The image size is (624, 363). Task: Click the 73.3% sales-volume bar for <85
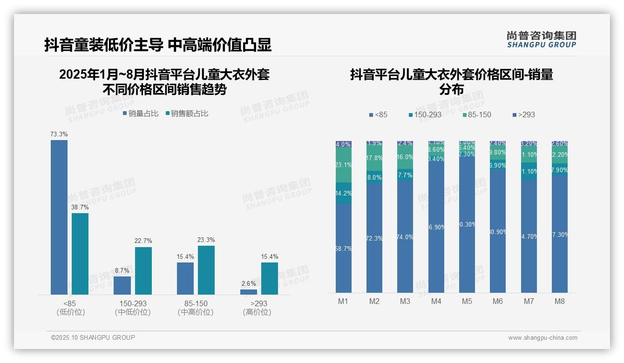pyautogui.click(x=59, y=217)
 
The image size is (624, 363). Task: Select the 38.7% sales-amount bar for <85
pyautogui.click(x=80, y=254)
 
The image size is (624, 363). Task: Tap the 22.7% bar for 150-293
pyautogui.click(x=143, y=270)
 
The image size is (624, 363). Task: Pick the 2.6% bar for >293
pyautogui.click(x=249, y=292)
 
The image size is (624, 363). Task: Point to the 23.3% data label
pyautogui.click(x=206, y=240)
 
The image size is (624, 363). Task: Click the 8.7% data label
pyautogui.click(x=122, y=270)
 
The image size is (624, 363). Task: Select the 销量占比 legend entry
pyautogui.click(x=141, y=113)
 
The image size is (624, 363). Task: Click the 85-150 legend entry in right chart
pyautogui.click(x=476, y=114)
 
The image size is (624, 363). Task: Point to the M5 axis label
pyautogui.click(x=467, y=301)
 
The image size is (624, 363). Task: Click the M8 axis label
pyautogui.click(x=559, y=301)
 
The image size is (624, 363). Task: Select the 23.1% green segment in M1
pyautogui.click(x=344, y=165)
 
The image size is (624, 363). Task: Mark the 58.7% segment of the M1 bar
pyautogui.click(x=344, y=249)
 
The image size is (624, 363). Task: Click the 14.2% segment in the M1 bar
pyautogui.click(x=344, y=193)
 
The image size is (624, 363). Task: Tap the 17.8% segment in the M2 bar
pyautogui.click(x=374, y=158)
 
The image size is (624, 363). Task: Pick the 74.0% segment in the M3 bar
pyautogui.click(x=405, y=237)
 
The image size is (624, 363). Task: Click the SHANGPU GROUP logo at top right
pyautogui.click(x=541, y=40)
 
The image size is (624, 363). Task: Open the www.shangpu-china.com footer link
pyautogui.click(x=543, y=338)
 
